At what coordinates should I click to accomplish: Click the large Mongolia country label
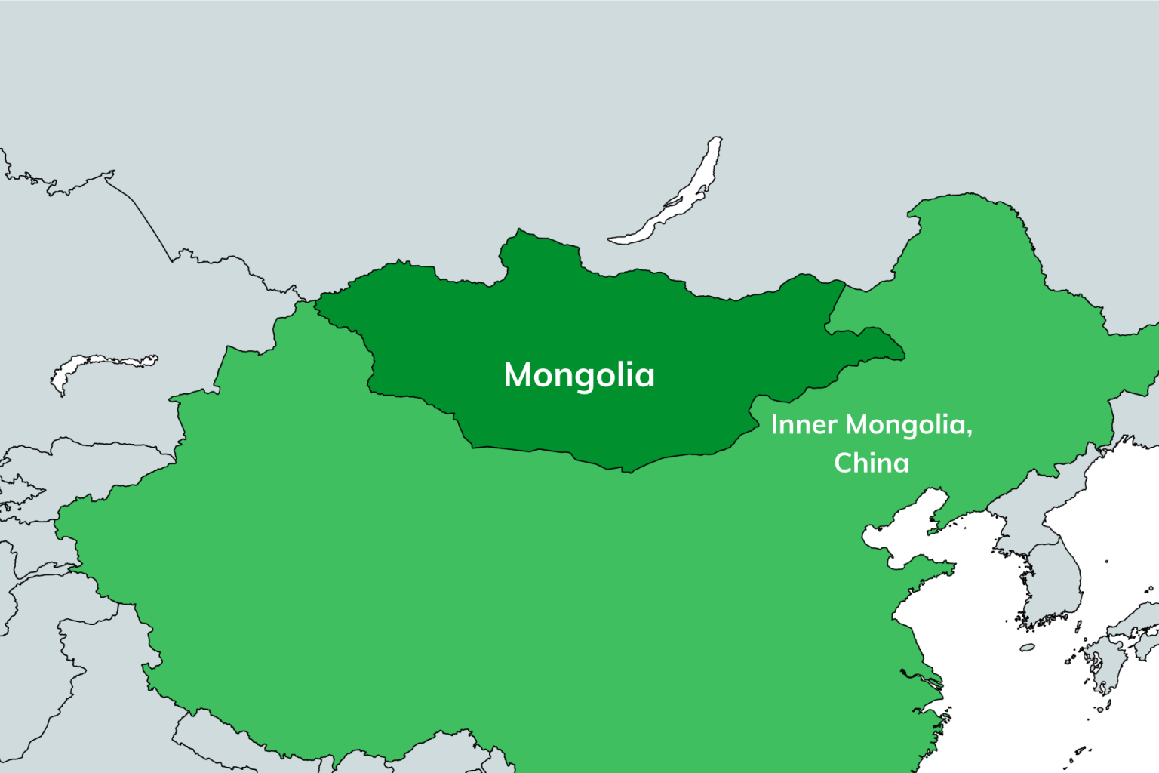(x=579, y=375)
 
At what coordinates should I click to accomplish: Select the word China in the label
(x=871, y=462)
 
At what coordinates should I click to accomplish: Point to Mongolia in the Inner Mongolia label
(x=905, y=425)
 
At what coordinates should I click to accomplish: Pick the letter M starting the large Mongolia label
(x=519, y=374)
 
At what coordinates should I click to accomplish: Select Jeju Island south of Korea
(x=1027, y=647)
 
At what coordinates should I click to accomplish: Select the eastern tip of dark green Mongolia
(x=903, y=355)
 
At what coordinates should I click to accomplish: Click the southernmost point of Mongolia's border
(x=629, y=471)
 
